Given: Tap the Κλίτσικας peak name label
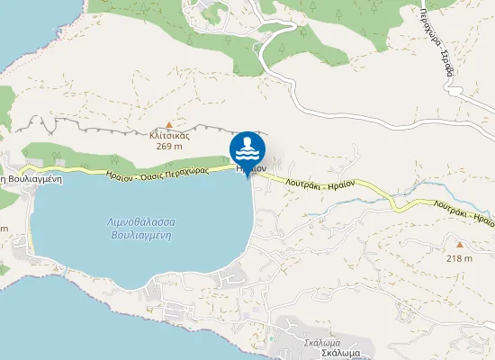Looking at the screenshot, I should point(169,135).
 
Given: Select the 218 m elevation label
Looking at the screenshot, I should point(459,258).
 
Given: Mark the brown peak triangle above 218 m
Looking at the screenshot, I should point(459,244).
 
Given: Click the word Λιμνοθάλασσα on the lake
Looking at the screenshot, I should point(140,221).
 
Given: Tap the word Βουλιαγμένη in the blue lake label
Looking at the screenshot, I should point(140,234).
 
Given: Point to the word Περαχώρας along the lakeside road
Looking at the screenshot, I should point(189,169).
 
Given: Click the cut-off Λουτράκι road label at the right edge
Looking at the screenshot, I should point(470,216).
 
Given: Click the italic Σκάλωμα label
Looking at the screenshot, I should point(320,342).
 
